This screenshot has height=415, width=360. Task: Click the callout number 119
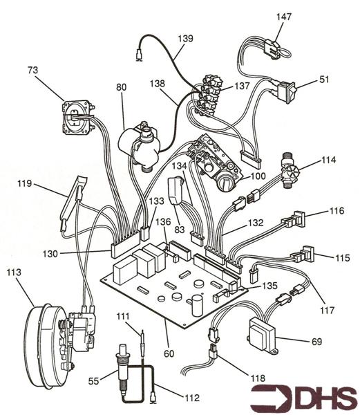26,185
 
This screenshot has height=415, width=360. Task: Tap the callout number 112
191,398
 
